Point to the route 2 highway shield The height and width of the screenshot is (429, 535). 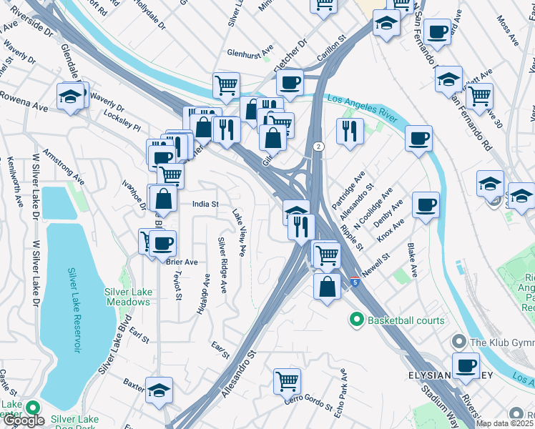coord(318,146)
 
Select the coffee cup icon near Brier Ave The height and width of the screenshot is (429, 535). coord(162,242)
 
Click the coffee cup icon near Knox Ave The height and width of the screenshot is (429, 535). coord(426,205)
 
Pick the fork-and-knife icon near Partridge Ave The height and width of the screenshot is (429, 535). coord(350,131)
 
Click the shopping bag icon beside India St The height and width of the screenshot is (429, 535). coord(163,199)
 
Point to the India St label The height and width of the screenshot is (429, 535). coord(205,204)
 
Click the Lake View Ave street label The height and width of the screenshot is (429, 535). coord(239,233)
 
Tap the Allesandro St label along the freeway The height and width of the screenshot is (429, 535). coord(238,373)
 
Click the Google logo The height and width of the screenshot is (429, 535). coord(24,421)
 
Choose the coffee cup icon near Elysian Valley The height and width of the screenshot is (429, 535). coord(466,365)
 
